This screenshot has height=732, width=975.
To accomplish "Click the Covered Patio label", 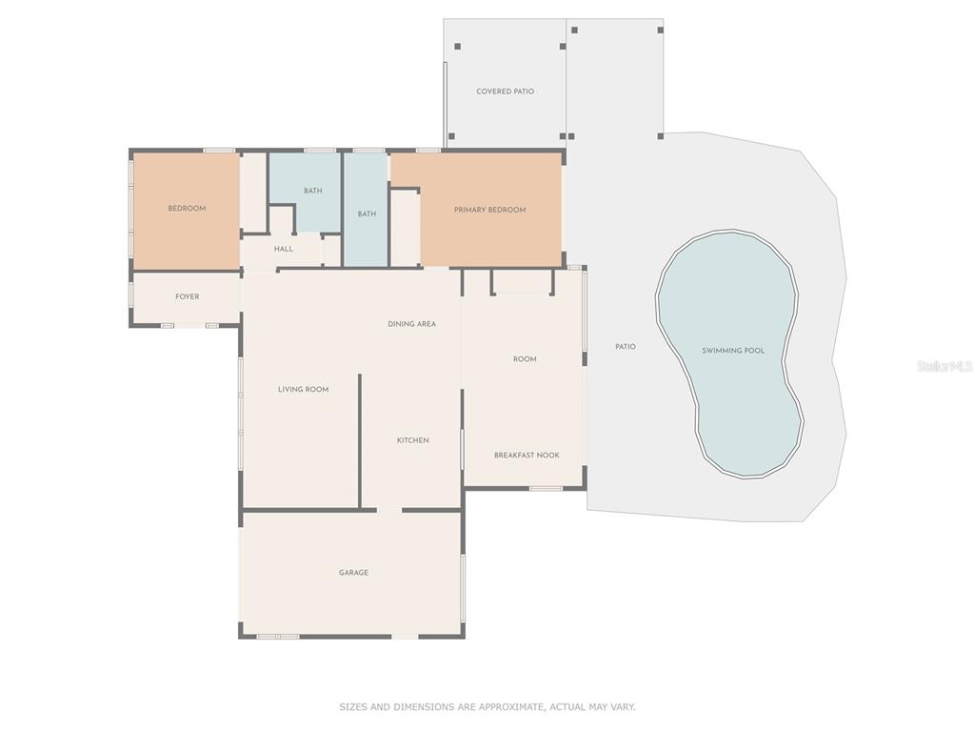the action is (505, 91).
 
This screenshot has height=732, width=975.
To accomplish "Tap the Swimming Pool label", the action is (733, 351).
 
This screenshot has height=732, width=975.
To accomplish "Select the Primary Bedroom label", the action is (490, 210).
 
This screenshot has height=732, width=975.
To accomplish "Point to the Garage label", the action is (353, 573).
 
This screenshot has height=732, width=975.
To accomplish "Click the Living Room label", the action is (304, 390).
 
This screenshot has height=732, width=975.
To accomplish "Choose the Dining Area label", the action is (411, 324).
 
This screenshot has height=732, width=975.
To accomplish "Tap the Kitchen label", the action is (413, 440).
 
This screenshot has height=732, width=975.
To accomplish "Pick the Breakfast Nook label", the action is (527, 456).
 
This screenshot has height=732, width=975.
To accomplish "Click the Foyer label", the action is (188, 297).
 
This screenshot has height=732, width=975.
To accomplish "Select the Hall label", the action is (284, 249).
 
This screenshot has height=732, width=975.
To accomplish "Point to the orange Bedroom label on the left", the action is (187, 209).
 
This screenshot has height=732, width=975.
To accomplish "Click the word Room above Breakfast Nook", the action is (525, 359).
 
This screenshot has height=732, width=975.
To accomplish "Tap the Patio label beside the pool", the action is (626, 347).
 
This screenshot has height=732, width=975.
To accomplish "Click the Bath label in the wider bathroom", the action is (312, 191).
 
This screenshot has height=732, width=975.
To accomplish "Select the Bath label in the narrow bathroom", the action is (367, 214).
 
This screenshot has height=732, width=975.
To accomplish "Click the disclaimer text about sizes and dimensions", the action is (487, 707).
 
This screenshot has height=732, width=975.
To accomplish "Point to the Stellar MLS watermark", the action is (945, 367).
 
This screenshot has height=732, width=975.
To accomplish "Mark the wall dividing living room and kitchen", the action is (359, 440).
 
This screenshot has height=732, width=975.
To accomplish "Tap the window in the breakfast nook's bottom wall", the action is (546, 489).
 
